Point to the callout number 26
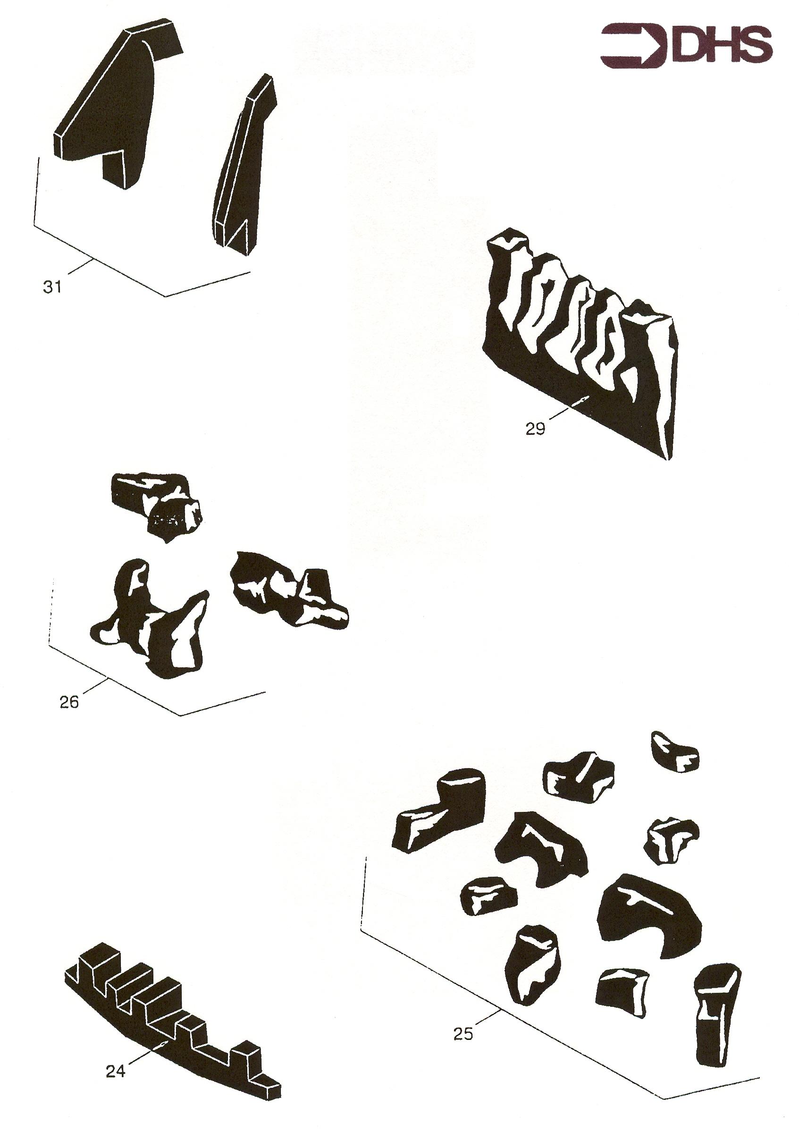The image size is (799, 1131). pyautogui.click(x=69, y=702)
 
